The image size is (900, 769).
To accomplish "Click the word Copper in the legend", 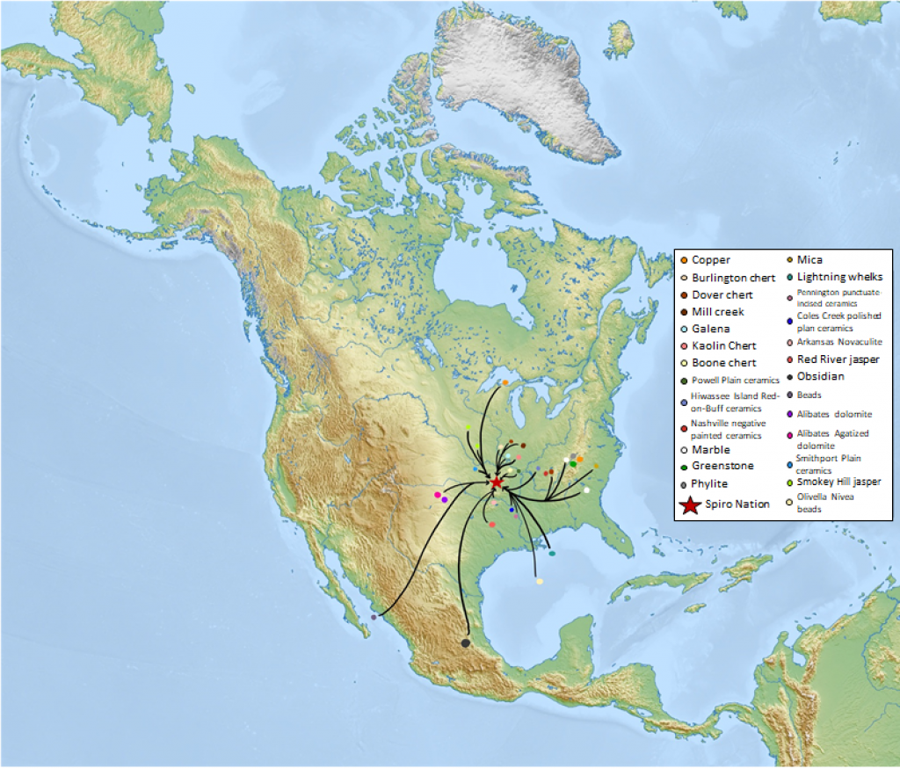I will (710, 260).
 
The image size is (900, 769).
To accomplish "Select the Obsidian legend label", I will (820, 377).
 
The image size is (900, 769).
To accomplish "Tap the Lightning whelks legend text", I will (839, 277).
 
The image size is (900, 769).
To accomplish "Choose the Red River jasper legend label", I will (838, 359).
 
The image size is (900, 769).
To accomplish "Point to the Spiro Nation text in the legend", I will (737, 504).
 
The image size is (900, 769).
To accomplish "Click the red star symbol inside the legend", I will (690, 504).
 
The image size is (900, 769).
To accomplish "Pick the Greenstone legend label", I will (722, 467).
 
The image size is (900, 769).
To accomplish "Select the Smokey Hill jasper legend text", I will (838, 482).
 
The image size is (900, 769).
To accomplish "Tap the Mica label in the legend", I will (809, 260).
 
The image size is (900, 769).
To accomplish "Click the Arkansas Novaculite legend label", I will (838, 342).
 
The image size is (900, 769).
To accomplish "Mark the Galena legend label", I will (710, 329).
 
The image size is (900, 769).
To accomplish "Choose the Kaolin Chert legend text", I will (723, 346).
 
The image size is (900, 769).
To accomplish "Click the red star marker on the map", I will (497, 482).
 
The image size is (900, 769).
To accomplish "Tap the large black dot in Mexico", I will (465, 643).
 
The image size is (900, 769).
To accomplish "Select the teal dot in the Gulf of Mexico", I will (552, 554).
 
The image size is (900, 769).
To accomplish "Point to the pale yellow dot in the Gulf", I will (539, 582).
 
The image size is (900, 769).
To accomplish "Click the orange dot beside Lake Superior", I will (505, 383).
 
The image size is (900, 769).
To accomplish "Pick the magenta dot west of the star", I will (437, 496).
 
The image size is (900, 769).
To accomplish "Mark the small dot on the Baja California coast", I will (374, 617).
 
